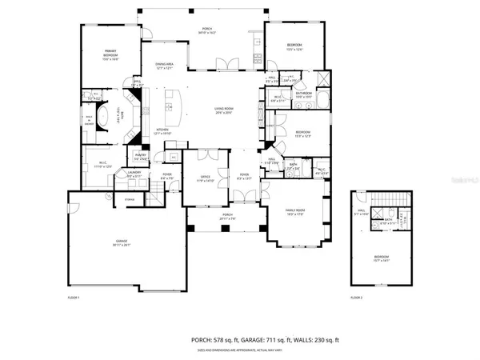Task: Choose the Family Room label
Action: [296, 212]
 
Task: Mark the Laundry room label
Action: [134, 175]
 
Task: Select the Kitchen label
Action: [162, 131]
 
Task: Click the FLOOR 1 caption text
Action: [75, 298]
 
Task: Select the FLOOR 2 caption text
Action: [357, 298]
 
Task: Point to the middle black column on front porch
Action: [226, 228]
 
